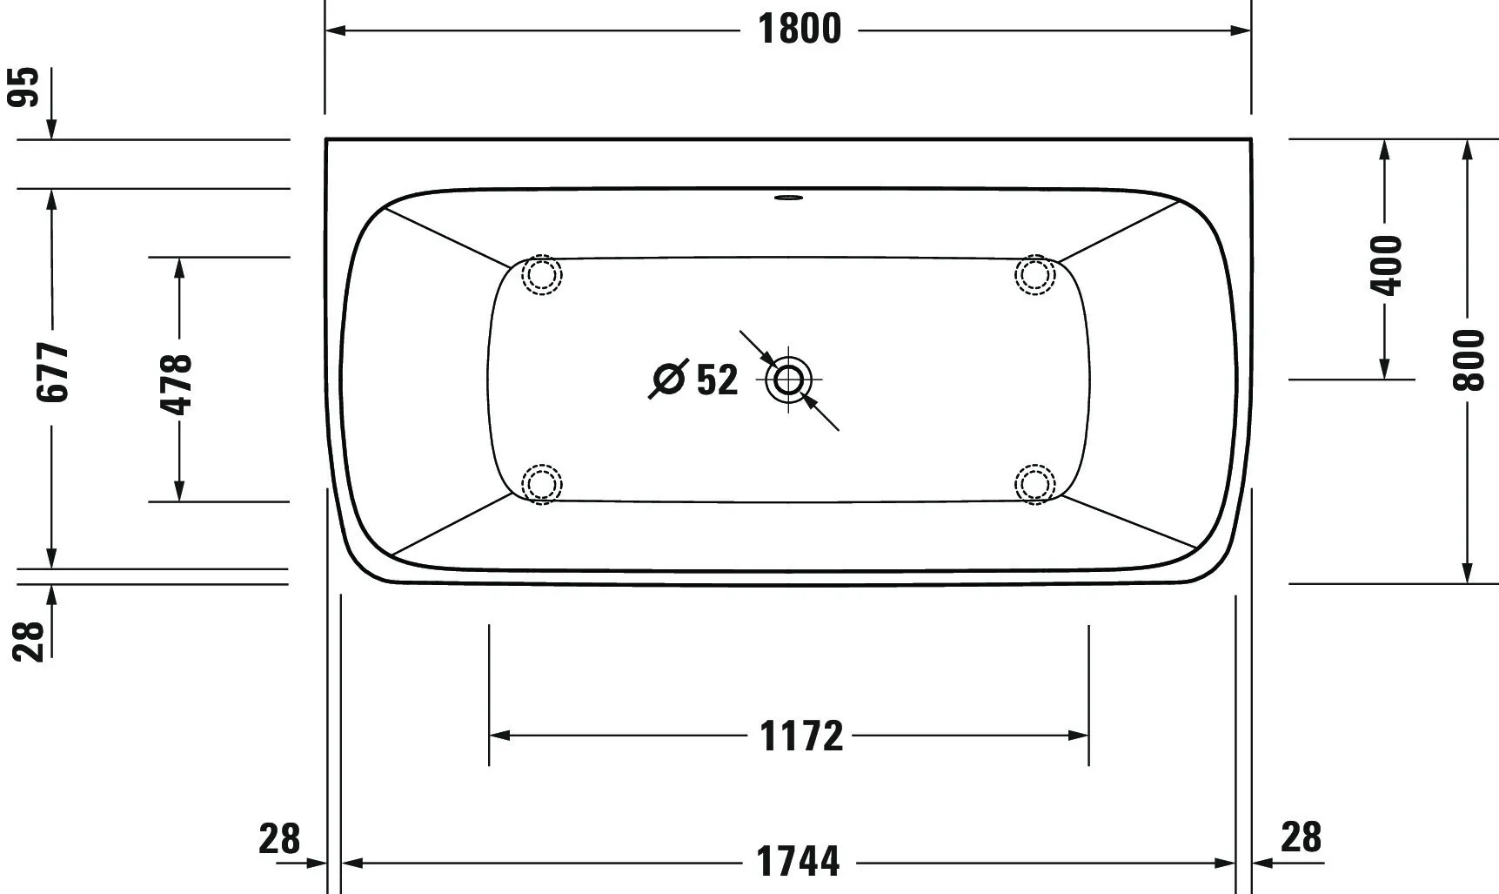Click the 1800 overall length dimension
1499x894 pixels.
click(x=800, y=30)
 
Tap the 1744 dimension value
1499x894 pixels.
click(x=798, y=862)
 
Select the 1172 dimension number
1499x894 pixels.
click(x=801, y=736)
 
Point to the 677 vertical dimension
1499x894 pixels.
click(x=53, y=372)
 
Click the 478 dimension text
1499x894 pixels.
click(x=177, y=383)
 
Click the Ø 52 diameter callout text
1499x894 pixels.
click(x=696, y=380)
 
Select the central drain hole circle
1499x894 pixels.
click(x=788, y=380)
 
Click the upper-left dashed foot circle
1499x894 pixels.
click(x=541, y=275)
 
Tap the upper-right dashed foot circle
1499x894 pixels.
click(x=1034, y=275)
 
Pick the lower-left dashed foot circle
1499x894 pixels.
click(x=541, y=483)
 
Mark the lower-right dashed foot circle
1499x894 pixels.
click(x=1034, y=483)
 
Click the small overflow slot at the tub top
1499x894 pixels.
click(x=788, y=197)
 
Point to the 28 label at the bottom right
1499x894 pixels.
click(x=1301, y=837)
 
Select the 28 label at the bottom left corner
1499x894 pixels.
click(x=279, y=839)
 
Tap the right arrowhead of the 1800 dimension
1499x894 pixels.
click(x=1241, y=30)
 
